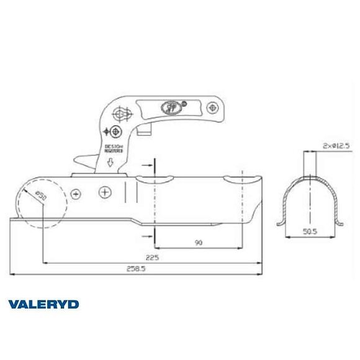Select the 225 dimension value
pos(148,256)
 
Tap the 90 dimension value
pos(199,243)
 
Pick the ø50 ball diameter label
pos(39,196)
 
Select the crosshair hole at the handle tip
pos(212,108)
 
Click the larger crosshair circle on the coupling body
pos(106,192)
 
